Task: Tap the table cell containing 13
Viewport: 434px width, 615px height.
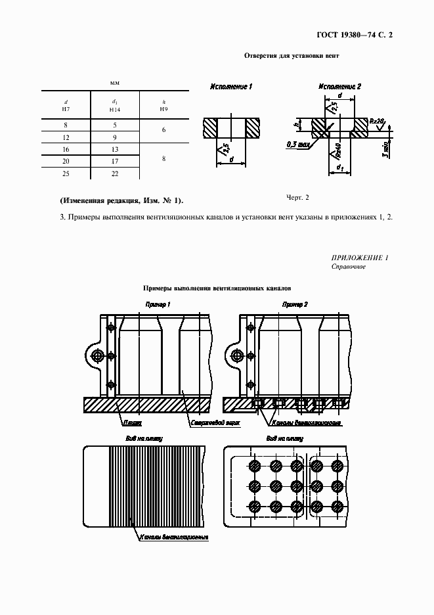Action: pyautogui.click(x=115, y=149)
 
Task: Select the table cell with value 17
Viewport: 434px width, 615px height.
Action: pyautogui.click(x=115, y=161)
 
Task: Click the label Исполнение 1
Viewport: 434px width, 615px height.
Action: pyautogui.click(x=231, y=87)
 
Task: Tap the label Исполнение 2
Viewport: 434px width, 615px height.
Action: pyautogui.click(x=340, y=87)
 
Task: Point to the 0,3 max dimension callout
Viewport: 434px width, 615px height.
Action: pyautogui.click(x=298, y=143)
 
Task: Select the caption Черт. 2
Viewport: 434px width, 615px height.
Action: pyautogui.click(x=297, y=197)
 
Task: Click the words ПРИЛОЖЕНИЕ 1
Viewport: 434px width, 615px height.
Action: pyautogui.click(x=360, y=258)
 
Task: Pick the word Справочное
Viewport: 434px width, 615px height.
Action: pyautogui.click(x=349, y=267)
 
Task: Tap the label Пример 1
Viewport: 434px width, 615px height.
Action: pyautogui.click(x=158, y=306)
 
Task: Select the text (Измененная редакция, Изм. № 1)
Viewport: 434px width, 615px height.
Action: pyautogui.click(x=121, y=200)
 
